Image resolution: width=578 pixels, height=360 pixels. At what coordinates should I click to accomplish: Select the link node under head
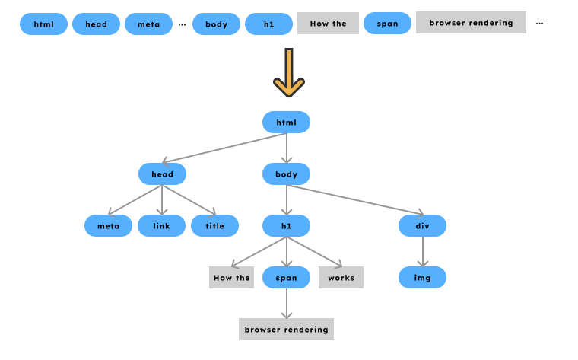161,226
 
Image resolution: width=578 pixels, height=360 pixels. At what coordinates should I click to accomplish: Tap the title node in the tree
214,226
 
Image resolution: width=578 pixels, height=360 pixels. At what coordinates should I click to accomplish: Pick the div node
422,226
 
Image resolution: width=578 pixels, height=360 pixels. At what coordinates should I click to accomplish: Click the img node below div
422,278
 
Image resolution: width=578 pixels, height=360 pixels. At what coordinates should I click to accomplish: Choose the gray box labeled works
341,278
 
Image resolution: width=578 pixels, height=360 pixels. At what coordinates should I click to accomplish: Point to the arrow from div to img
422,252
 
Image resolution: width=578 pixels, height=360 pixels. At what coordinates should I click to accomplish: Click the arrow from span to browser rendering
286,303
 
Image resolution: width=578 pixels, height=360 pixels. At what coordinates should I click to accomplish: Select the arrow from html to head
224,149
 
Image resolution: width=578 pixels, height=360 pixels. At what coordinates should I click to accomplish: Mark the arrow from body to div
354,200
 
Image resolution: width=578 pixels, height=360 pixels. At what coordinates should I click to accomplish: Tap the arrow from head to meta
135,200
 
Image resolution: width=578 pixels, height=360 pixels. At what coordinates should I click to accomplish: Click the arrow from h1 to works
313,252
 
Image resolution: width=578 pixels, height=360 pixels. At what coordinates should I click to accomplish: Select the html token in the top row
43,24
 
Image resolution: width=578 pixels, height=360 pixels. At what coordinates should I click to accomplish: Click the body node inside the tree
286,174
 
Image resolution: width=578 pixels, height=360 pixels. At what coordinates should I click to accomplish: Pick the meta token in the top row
148,24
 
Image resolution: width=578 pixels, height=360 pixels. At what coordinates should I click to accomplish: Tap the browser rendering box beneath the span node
286,330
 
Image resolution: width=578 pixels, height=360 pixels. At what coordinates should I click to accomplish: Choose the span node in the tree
286,278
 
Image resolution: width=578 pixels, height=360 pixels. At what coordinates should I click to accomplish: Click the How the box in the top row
328,24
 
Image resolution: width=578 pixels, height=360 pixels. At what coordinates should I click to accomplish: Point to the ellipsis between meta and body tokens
182,24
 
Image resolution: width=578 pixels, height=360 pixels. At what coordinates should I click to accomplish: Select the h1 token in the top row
268,24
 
